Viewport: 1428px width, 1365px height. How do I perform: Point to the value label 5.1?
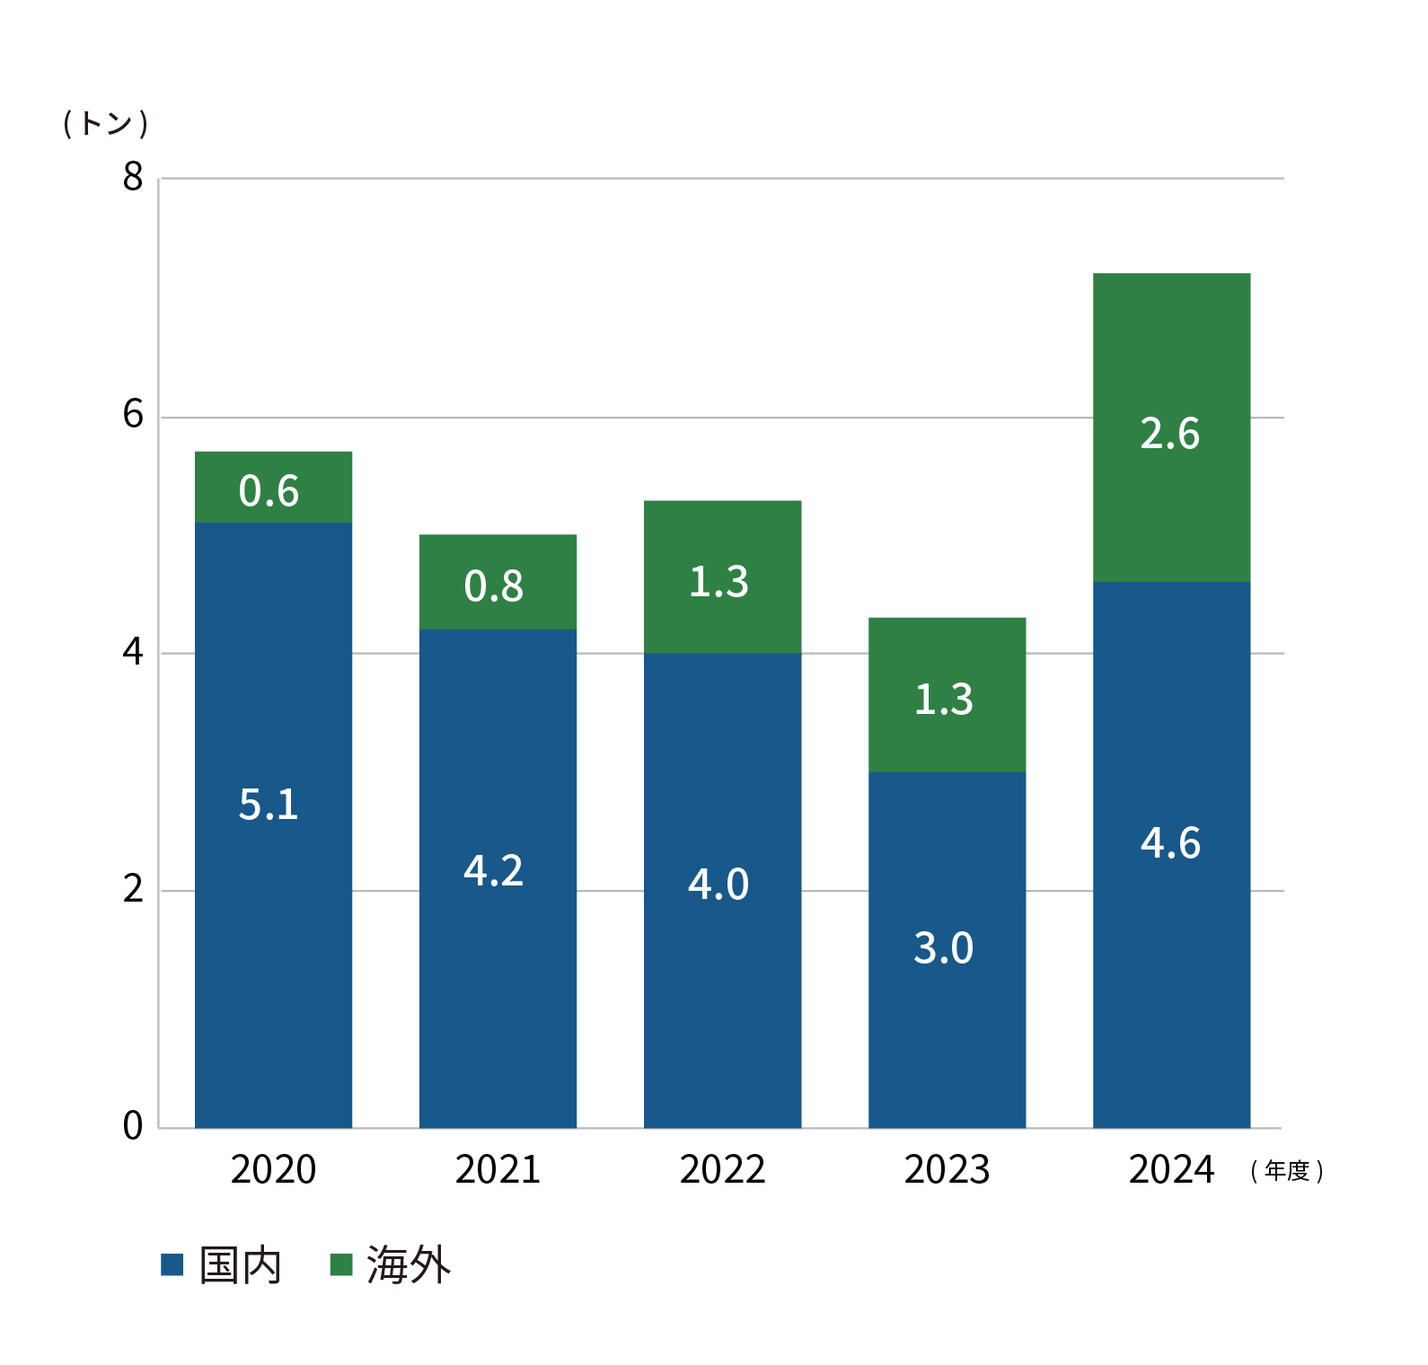click(269, 805)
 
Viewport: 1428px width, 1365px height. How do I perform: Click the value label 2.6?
click(1170, 434)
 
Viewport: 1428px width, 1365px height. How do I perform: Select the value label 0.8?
click(494, 586)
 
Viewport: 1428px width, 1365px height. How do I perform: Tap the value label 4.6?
click(1170, 843)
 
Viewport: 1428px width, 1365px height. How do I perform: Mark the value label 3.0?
click(944, 948)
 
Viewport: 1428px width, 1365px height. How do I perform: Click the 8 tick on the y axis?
click(133, 177)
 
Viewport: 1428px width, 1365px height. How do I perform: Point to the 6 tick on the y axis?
click(133, 415)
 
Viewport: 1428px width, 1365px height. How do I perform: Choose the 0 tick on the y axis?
click(133, 1125)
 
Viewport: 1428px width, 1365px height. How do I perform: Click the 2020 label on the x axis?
click(273, 1169)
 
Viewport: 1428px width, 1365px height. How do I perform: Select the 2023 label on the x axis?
click(947, 1169)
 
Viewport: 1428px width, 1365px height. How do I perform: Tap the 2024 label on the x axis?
click(1171, 1169)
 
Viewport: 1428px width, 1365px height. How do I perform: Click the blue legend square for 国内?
click(172, 1264)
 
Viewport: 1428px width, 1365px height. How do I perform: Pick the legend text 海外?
click(409, 1265)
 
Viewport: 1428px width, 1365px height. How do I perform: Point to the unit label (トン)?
click(105, 123)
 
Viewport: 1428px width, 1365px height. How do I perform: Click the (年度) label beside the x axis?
click(1287, 1171)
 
